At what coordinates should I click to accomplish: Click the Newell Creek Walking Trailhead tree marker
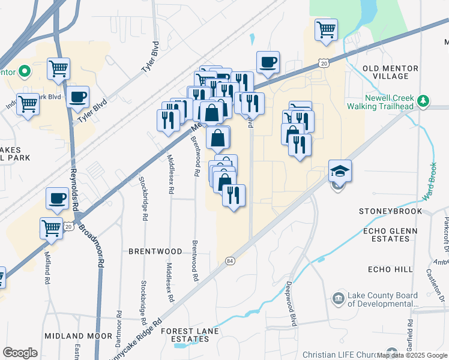click(x=424, y=100)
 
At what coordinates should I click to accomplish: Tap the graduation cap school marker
click(x=340, y=171)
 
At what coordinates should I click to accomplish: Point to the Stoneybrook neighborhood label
click(x=390, y=211)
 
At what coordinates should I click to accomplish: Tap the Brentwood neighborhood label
click(x=155, y=251)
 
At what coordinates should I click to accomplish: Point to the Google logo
click(x=20, y=353)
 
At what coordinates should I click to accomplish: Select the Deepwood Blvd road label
click(x=292, y=304)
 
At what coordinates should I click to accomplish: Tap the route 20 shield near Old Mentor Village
click(x=324, y=62)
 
